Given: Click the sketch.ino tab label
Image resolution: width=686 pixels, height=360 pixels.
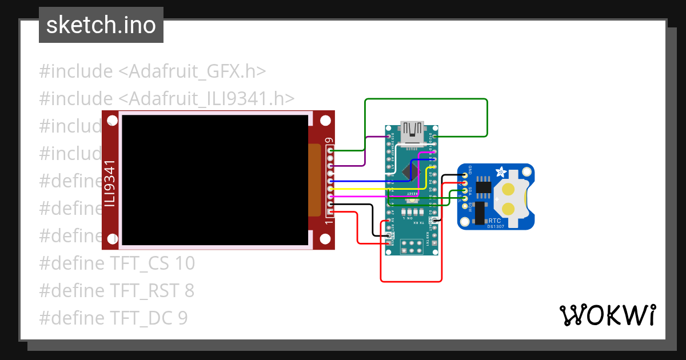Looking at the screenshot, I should point(101,25).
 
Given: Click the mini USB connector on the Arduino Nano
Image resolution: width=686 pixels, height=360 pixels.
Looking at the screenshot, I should point(412,132).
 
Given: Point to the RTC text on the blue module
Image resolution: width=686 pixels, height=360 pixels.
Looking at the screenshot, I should point(495,220).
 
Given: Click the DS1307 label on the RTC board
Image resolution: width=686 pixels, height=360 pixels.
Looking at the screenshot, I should point(495,226).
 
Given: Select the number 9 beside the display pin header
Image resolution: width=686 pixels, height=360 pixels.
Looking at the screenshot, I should point(328,141).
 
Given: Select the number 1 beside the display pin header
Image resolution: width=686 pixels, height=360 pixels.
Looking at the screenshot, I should point(328,222).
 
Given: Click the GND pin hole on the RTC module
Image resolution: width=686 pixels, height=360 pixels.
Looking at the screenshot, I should point(465,175).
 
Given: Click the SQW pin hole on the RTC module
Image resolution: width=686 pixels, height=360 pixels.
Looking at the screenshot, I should point(465,206).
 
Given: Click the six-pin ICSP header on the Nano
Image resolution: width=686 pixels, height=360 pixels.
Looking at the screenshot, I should point(412,246).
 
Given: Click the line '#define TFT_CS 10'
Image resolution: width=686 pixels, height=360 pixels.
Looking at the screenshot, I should point(117,263).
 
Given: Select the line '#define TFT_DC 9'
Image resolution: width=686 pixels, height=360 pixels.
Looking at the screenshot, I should point(113,318).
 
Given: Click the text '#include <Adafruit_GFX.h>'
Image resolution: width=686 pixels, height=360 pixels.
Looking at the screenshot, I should point(152,71).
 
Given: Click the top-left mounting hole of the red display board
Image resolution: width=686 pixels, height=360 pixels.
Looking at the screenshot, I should point(111,121).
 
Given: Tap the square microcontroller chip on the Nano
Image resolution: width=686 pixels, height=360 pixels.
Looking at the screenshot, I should point(411,171).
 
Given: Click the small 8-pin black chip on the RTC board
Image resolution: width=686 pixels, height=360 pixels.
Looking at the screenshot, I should point(484,186).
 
